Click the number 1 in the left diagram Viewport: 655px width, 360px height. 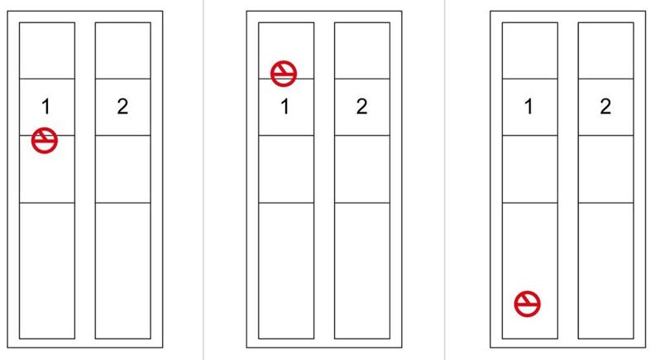pyautogui.click(x=46, y=107)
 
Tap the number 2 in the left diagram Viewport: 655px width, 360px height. pyautogui.click(x=122, y=107)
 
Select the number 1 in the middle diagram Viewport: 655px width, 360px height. pyautogui.click(x=284, y=107)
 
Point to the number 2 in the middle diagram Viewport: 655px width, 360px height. pyautogui.click(x=361, y=107)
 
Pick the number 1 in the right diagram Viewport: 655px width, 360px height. pyautogui.click(x=528, y=107)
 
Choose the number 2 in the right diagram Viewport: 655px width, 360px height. pyautogui.click(x=605, y=107)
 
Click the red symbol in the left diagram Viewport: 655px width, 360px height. pyautogui.click(x=45, y=141)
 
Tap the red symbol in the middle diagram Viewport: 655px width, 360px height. pyautogui.click(x=284, y=74)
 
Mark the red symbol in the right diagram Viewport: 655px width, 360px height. pyautogui.click(x=527, y=304)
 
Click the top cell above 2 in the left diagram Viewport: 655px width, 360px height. pyautogui.click(x=122, y=50)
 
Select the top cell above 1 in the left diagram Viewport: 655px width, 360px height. pyautogui.click(x=47, y=50)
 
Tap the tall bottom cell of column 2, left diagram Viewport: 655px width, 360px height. pyautogui.click(x=122, y=271)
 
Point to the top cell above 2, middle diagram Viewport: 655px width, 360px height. pyautogui.click(x=362, y=50)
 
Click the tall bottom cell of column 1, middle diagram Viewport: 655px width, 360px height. pyautogui.click(x=286, y=271)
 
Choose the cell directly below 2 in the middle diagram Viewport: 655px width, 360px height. pyautogui.click(x=362, y=169)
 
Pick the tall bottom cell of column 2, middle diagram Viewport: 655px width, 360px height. pyautogui.click(x=362, y=271)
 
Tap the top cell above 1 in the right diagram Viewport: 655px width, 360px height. pyautogui.click(x=529, y=50)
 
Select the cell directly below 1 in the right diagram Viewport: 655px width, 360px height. pyautogui.click(x=529, y=169)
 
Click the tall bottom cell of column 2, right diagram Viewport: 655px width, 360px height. pyautogui.click(x=605, y=271)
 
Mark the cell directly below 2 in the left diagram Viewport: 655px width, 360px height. pyautogui.click(x=122, y=169)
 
